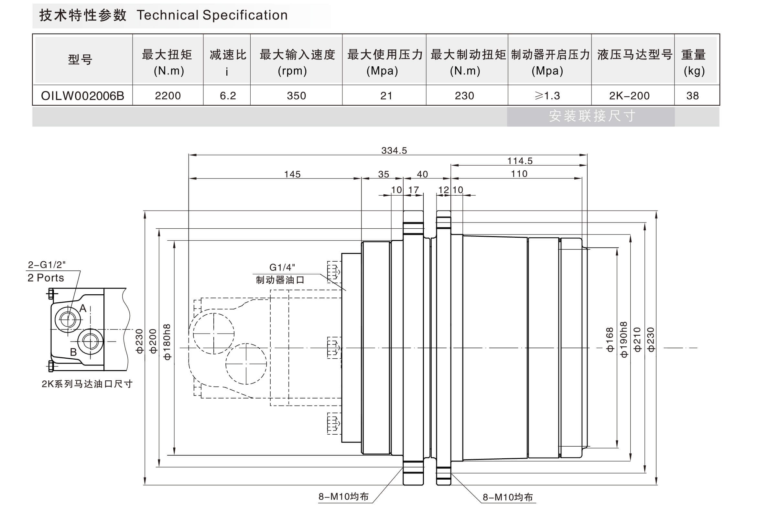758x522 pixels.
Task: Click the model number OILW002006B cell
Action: (x=82, y=96)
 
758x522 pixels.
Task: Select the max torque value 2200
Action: (x=168, y=96)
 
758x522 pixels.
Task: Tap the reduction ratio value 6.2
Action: (x=228, y=96)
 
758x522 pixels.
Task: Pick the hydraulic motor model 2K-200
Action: (x=629, y=96)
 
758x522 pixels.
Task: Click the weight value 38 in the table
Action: (x=693, y=96)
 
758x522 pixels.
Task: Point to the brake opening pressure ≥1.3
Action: (x=547, y=96)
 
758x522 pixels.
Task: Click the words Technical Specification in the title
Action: (x=212, y=16)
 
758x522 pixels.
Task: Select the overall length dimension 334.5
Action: (x=394, y=150)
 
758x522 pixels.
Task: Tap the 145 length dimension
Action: (x=292, y=174)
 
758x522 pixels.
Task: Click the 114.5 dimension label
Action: (x=520, y=161)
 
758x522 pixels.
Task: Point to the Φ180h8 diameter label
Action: (x=167, y=342)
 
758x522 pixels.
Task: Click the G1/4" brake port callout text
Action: (x=282, y=267)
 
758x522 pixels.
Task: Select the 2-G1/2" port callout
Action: (x=47, y=265)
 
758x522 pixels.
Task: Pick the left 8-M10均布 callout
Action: (x=343, y=496)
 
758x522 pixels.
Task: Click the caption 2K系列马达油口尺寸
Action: (x=87, y=384)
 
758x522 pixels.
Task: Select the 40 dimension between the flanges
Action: (x=422, y=174)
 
